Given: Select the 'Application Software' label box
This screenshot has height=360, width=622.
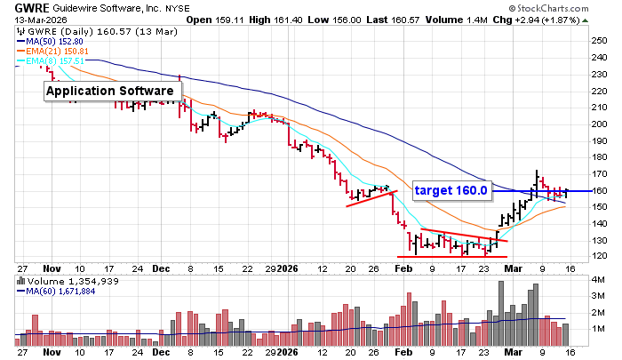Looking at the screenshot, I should pos(110,91).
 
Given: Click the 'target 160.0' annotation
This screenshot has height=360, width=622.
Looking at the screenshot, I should pos(453,189).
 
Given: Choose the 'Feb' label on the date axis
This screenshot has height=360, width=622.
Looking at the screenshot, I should pos(403,266).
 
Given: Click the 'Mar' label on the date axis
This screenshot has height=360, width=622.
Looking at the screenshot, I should pos(512,266).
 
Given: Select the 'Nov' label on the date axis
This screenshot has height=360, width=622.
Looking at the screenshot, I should pos(52,266).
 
